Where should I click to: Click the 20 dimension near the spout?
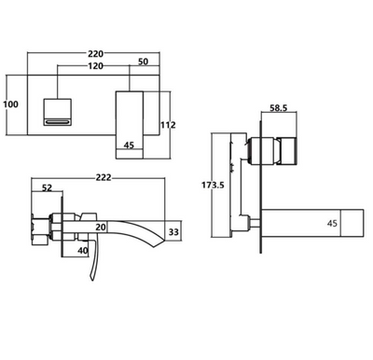[x=100, y=227]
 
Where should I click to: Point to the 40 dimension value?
[x=83, y=250]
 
